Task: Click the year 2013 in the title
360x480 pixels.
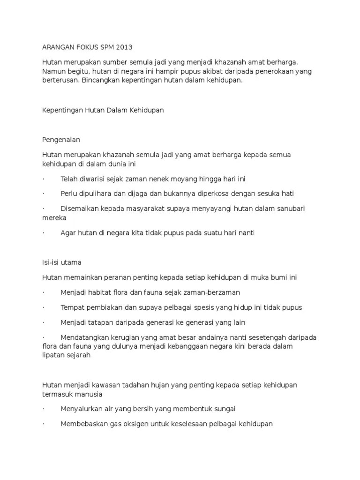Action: point(124,47)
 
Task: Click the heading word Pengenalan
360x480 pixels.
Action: point(61,140)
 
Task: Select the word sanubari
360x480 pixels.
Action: point(288,208)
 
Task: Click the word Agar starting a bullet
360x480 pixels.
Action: point(68,232)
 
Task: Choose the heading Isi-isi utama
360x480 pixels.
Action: point(62,262)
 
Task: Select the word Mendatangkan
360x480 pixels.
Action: point(84,337)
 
